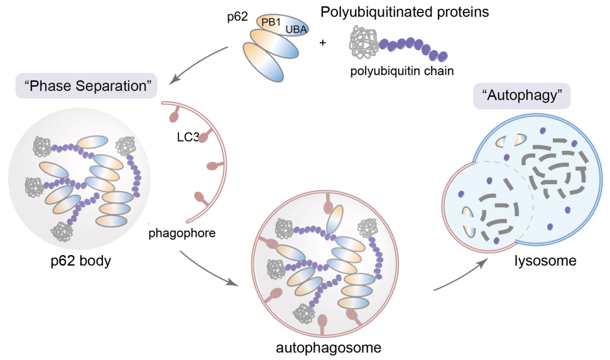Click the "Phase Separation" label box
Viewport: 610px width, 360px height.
[x=86, y=86]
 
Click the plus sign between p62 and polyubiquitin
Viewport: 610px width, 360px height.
[x=324, y=43]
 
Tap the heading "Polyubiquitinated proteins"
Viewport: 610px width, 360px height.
[x=405, y=12]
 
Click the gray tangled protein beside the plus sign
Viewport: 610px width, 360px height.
[x=364, y=44]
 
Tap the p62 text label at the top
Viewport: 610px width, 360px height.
[x=237, y=17]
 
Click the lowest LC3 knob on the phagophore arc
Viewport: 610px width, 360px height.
[x=200, y=196]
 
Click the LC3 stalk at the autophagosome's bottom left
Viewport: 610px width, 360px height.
[x=277, y=295]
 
